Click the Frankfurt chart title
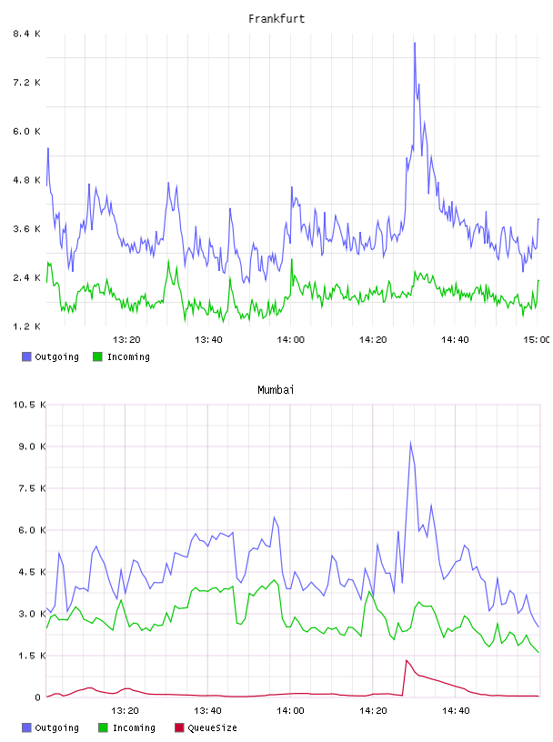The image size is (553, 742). coord(276,19)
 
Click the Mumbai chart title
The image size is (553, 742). coord(276,390)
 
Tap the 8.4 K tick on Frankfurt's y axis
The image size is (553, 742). coord(26,34)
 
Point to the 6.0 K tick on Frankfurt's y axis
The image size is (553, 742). coord(26,131)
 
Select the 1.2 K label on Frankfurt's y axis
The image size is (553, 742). coord(26,326)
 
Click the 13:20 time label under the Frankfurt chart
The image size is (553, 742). coord(126,340)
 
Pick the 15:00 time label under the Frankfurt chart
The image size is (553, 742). coord(537,340)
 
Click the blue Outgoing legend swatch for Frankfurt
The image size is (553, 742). coord(26,356)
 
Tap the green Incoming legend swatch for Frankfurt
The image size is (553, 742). coord(97,356)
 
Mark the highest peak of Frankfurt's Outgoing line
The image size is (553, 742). coord(415,43)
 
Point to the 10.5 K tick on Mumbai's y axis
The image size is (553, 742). coord(29,405)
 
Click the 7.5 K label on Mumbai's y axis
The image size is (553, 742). coord(32,488)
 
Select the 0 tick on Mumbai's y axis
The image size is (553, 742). coord(38,697)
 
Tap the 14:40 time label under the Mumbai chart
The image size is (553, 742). coord(456,711)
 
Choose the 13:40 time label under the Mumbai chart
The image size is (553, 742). coord(208,711)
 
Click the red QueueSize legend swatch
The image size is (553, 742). coord(179,727)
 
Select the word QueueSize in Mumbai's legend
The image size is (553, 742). coord(212,728)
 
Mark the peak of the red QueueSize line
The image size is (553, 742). coord(407,660)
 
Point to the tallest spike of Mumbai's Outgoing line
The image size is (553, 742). coord(410,442)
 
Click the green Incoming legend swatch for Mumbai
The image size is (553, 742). coord(103,727)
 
